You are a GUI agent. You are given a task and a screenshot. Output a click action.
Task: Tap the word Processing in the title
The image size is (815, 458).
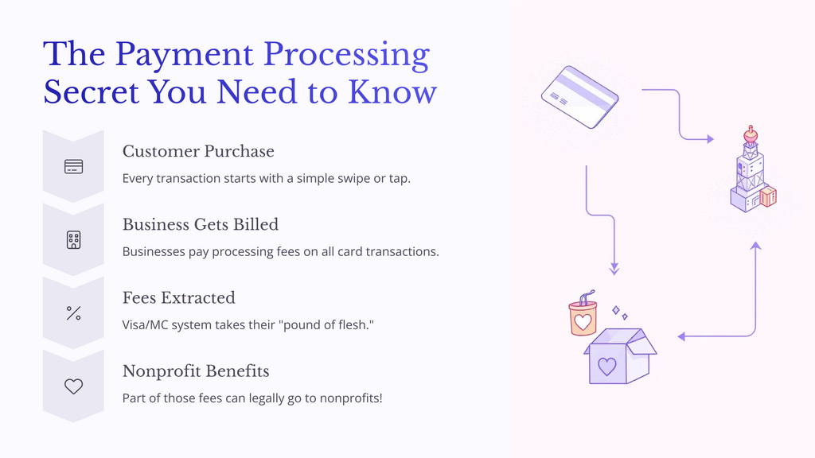coord(347,53)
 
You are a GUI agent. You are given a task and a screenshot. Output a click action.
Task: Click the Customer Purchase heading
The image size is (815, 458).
coord(198,151)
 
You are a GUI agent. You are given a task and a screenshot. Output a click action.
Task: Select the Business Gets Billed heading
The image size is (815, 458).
coord(201,224)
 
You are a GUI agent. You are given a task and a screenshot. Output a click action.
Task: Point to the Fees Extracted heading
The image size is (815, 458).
coord(179,297)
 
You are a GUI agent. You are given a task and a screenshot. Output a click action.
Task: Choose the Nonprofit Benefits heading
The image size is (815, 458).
coord(196,371)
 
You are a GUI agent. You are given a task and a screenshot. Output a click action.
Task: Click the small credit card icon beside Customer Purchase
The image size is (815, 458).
coord(73,167)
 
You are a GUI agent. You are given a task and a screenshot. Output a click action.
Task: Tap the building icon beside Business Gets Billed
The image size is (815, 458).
coord(73,240)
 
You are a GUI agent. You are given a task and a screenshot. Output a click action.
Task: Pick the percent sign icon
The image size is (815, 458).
coord(73,313)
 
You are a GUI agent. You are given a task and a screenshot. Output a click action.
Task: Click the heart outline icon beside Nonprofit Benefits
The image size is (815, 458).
coord(73,386)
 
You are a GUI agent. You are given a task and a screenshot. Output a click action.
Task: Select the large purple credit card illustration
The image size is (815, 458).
coord(579,97)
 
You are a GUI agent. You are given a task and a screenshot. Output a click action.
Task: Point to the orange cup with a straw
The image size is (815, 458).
coord(583,316)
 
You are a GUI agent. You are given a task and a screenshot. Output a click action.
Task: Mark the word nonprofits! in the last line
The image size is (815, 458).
coord(349,398)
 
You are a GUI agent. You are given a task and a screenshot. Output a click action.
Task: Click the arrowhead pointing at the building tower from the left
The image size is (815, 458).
coord(709,139)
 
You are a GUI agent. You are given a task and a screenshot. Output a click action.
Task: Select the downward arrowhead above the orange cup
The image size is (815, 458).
coord(614,270)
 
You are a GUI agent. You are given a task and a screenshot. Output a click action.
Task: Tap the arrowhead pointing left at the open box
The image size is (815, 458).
coord(681,337)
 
